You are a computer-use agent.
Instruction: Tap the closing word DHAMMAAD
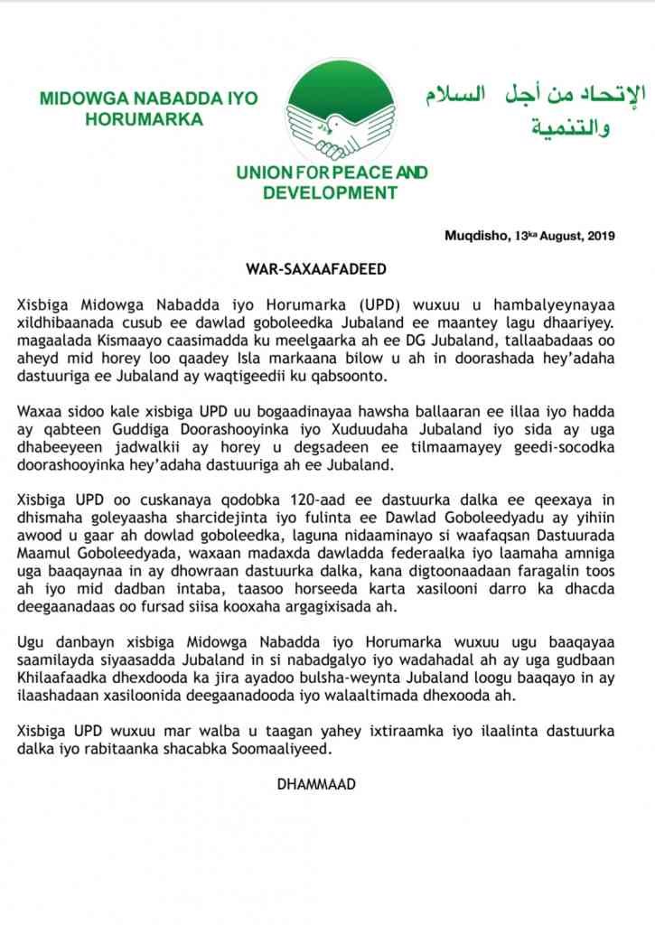click(316, 784)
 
